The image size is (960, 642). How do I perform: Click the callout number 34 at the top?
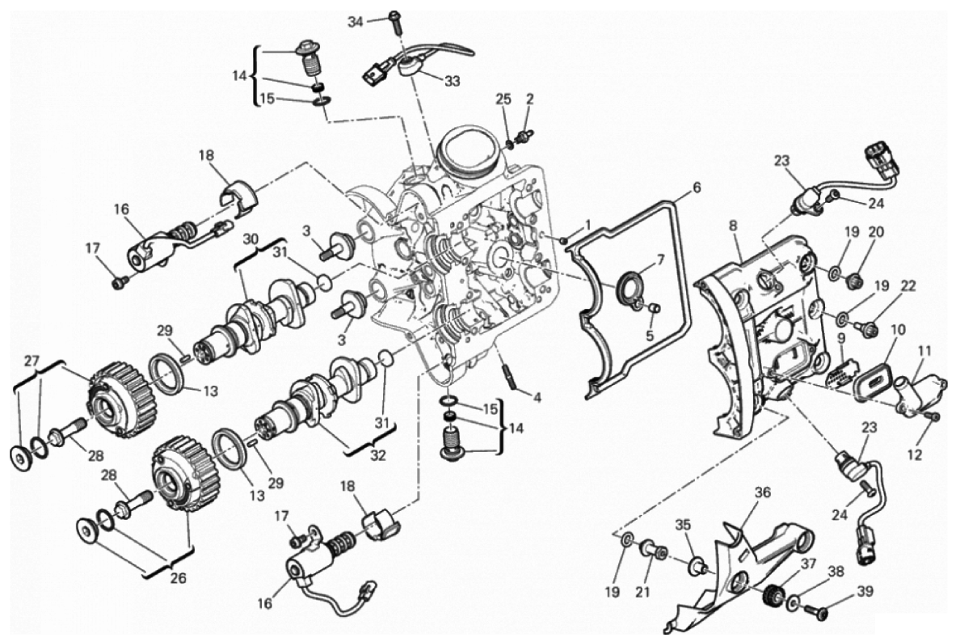355,22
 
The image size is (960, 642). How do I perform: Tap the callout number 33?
453,81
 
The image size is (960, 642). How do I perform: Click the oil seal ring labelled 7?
630,286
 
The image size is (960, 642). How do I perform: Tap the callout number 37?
810,564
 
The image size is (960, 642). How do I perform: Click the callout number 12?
915,455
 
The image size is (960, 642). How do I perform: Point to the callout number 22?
908,286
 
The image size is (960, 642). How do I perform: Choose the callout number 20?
876,234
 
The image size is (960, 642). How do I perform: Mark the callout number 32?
378,456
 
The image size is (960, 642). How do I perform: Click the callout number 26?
178,577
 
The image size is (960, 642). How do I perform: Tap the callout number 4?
537,398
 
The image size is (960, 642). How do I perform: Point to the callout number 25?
503,99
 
